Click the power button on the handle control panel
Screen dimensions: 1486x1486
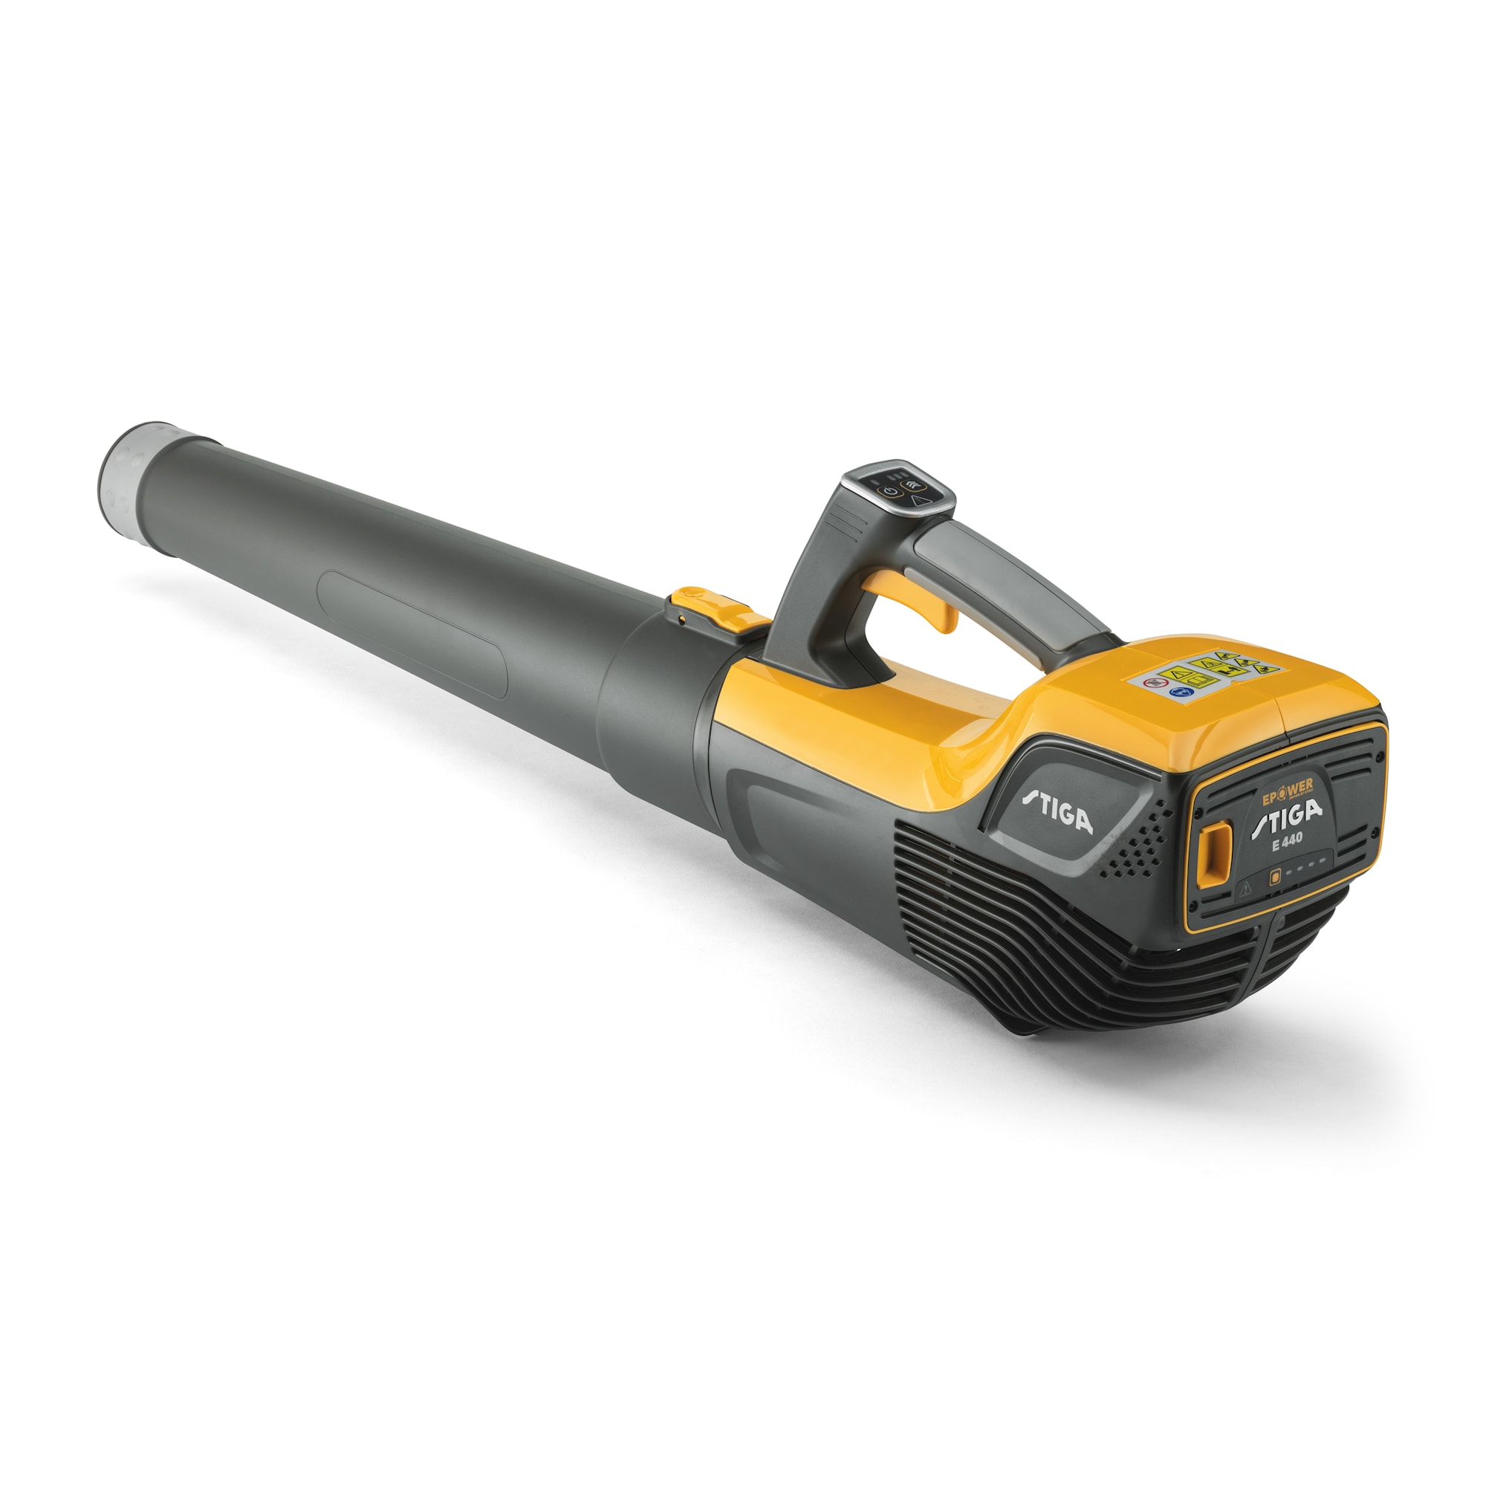889,491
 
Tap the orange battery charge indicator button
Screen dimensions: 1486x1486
1274,875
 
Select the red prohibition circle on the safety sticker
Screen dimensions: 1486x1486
1152,682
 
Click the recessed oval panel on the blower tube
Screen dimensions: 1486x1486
412,633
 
